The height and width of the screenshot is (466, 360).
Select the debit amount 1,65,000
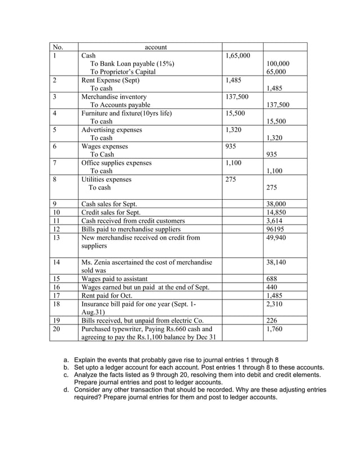[238, 56]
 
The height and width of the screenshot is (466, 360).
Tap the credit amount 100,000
[277, 64]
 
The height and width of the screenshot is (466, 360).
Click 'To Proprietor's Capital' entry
[123, 72]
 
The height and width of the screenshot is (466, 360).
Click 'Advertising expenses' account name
[112, 130]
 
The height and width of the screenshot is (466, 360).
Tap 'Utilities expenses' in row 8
[106, 179]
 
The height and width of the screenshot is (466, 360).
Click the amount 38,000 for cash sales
[275, 204]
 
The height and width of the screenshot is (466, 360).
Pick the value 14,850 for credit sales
[275, 213]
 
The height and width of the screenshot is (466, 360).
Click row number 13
[55, 238]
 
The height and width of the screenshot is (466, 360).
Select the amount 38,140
[275, 262]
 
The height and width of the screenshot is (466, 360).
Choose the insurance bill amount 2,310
[274, 304]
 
